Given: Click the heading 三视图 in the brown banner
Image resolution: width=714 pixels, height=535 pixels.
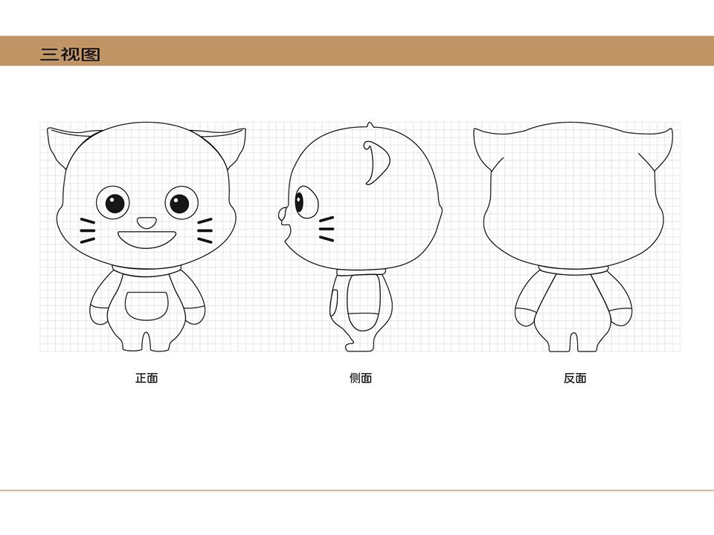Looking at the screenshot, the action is tap(70, 54).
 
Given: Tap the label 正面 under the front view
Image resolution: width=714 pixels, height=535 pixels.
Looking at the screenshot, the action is tap(147, 378).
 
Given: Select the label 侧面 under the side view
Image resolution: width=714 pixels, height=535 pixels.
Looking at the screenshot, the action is tap(361, 378).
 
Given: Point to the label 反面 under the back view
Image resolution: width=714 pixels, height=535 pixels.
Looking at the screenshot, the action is tap(575, 378).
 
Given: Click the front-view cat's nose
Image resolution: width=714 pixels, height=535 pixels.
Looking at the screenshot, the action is tap(147, 222).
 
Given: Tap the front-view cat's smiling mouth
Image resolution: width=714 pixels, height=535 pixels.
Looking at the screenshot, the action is tap(147, 239).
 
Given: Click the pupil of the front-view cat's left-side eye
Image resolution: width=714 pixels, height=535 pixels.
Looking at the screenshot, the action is tap(115, 204).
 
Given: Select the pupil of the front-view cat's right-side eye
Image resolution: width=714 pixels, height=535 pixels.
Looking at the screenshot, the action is tap(179, 204).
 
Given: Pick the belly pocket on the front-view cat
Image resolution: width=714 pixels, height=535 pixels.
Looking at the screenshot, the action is tap(147, 305).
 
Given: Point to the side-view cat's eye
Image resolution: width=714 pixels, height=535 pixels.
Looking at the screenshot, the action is tap(306, 202).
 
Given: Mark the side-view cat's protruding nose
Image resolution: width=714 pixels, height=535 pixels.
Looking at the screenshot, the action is tap(283, 215).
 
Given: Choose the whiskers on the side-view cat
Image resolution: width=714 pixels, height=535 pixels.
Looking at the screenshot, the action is tap(327, 229).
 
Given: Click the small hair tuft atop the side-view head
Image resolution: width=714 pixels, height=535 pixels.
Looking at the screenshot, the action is tap(370, 125).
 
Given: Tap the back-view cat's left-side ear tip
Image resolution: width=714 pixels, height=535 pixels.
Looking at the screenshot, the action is tap(475, 130).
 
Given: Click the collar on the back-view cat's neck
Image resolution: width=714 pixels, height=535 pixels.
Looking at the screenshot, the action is tap(573, 271).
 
